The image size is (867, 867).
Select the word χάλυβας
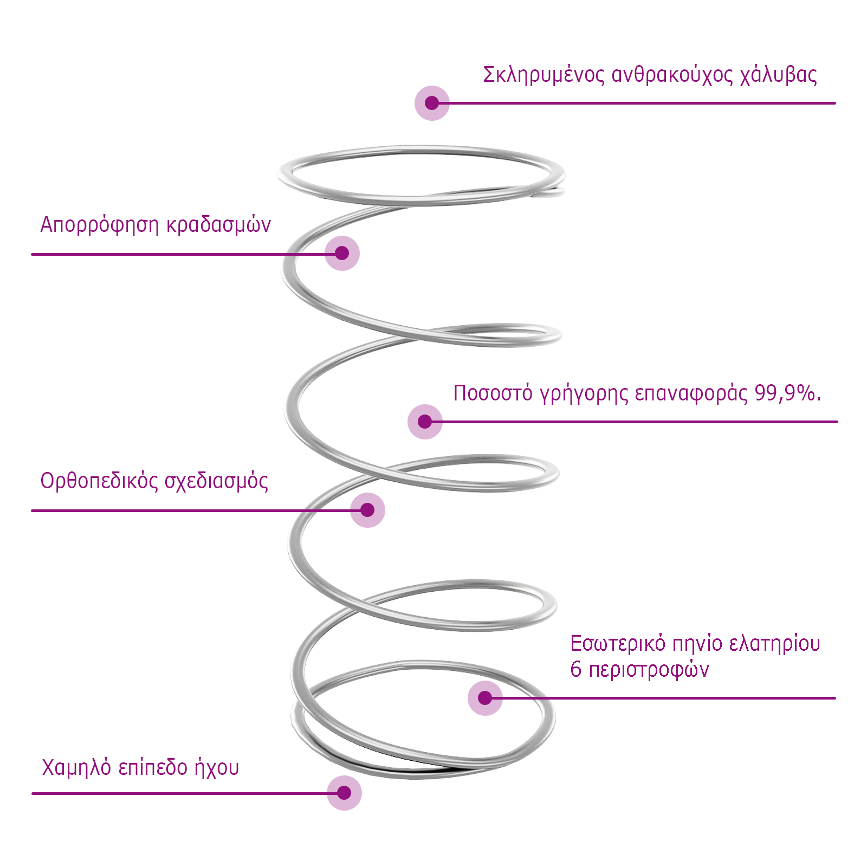pos(778,75)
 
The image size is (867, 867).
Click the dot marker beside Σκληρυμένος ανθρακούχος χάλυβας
pos(432,103)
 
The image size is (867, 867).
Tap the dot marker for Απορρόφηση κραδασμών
pos(342,253)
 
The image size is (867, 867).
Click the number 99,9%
pos(787,393)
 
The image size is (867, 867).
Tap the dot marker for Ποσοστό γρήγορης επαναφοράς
pos(425,422)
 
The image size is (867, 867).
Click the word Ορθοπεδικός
pos(99,482)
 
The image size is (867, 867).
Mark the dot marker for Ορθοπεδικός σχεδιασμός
pos(367,510)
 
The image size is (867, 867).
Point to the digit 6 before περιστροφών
pos(575,670)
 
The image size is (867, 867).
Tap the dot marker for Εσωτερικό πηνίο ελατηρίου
pos(485,698)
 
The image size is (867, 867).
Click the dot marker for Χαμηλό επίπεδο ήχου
pos(344,793)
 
